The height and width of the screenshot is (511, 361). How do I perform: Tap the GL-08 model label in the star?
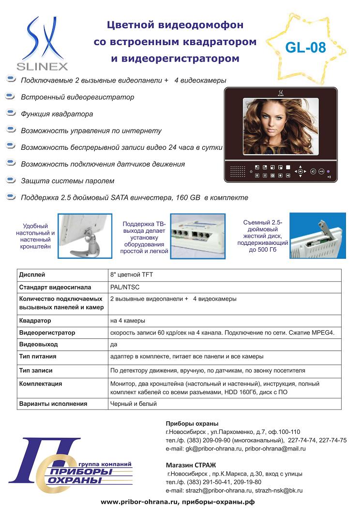(305, 47)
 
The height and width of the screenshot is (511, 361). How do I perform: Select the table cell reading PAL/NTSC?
(125, 287)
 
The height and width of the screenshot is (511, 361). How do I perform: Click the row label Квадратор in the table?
(35, 320)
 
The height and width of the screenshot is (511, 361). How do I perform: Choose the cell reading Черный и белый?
(134, 403)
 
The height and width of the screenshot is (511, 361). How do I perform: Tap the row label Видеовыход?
(38, 344)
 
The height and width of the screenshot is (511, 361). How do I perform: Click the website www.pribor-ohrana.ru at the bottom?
(139, 502)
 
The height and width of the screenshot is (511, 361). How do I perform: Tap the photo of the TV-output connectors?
(197, 236)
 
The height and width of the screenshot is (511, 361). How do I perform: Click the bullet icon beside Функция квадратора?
(11, 113)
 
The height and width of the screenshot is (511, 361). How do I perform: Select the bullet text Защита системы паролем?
(67, 181)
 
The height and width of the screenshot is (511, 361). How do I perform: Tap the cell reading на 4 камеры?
(128, 320)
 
